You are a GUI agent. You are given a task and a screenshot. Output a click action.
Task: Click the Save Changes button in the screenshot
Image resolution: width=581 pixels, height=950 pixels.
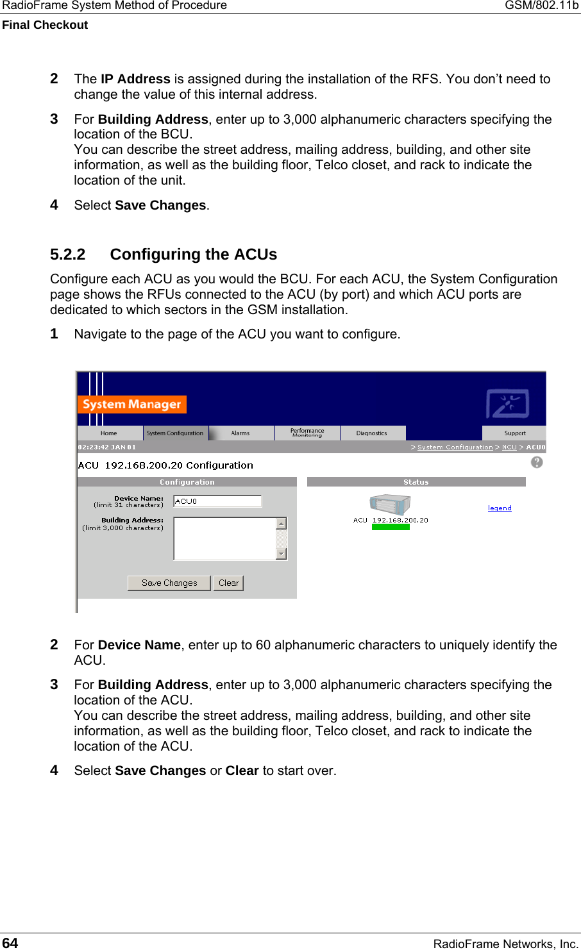coord(169,583)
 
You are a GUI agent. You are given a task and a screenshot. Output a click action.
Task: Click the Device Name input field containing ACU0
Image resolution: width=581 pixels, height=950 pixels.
coord(217,501)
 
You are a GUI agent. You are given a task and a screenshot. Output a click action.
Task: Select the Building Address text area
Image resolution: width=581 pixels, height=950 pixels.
coord(224,538)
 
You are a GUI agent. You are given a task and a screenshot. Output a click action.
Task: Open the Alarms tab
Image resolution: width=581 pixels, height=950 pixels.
coord(240,433)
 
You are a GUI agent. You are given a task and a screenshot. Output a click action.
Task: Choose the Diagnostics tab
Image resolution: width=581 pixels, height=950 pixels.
coord(372,433)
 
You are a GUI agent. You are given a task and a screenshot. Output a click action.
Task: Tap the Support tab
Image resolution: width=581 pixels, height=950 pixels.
coord(514,433)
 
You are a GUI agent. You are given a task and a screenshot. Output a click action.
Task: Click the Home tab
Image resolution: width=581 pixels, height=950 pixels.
coord(109,433)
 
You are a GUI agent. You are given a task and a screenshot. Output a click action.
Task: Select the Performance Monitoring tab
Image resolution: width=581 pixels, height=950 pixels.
coord(307,433)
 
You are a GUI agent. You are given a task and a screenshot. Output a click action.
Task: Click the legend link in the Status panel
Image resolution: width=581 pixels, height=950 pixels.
coord(500,508)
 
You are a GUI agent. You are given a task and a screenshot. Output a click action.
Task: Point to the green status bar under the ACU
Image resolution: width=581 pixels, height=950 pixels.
coord(391,528)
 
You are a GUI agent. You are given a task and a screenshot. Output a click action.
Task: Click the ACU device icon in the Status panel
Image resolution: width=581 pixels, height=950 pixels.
coord(389,505)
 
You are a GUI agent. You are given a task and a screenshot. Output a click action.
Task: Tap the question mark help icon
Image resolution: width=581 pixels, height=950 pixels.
coord(537,462)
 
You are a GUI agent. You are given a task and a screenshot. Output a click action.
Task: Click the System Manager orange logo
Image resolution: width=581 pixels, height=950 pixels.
coord(131,404)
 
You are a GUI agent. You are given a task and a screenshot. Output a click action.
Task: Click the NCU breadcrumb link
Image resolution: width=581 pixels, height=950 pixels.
coord(509,447)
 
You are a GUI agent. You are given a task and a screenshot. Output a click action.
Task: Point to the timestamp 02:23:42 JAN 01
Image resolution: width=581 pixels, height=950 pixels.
coord(107,447)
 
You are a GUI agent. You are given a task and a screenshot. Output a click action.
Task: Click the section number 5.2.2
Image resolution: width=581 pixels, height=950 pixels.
coord(67,254)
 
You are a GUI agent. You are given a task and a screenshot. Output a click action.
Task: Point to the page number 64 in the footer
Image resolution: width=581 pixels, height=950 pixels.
coord(10,943)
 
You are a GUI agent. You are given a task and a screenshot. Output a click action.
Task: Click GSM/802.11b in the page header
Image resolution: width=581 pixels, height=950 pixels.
coord(541,6)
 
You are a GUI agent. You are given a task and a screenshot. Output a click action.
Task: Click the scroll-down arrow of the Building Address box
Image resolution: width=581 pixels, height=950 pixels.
coord(281,554)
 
